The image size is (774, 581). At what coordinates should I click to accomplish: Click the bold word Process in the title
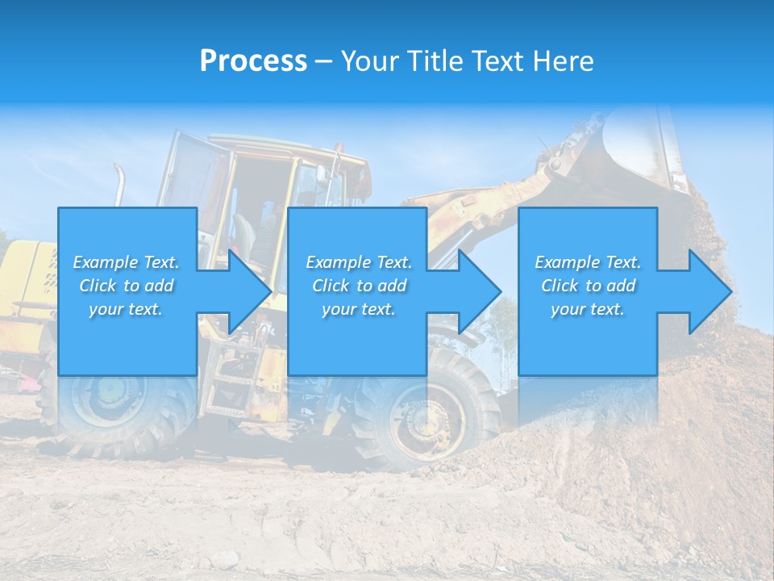point(253,61)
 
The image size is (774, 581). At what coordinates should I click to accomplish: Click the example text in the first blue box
point(127,286)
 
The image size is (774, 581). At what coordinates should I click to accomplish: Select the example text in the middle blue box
point(359,286)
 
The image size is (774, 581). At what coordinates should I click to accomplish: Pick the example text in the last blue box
point(588,286)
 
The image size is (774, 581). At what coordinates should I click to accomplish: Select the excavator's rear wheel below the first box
point(121,412)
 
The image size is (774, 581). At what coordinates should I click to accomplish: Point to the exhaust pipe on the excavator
point(119,184)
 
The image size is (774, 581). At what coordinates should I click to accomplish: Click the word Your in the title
point(372,61)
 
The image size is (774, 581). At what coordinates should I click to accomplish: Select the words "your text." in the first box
point(126,309)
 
